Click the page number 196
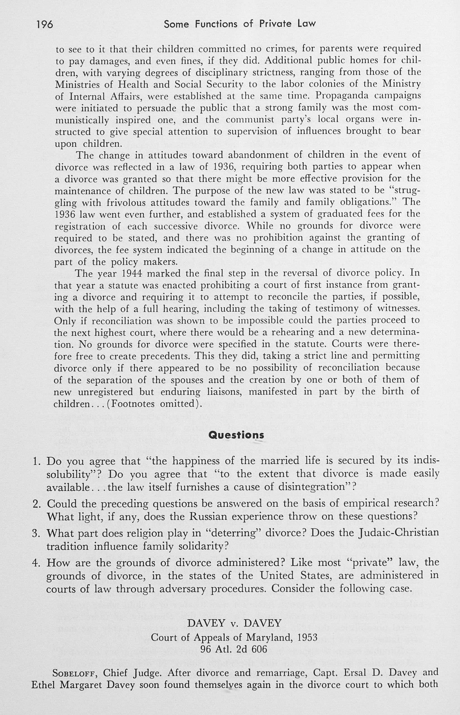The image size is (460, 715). (x=44, y=24)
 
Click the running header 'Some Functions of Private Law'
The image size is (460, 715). (x=240, y=24)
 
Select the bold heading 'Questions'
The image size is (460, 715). (x=236, y=435)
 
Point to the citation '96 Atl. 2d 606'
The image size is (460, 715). (x=234, y=649)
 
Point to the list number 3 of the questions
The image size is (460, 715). (x=36, y=533)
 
